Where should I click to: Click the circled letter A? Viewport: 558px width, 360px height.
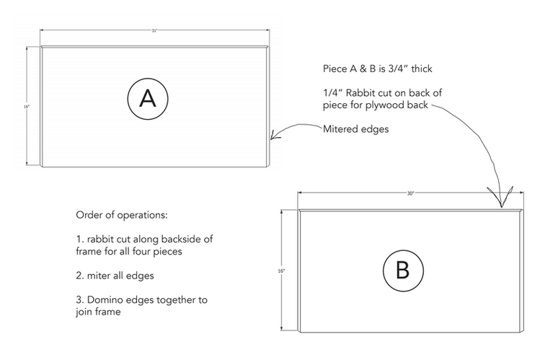tap(148, 99)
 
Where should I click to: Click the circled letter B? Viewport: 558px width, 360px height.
tap(402, 270)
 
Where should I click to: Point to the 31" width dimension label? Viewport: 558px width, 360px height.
tap(154, 31)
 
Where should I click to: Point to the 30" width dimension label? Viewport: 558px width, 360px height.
tap(409, 193)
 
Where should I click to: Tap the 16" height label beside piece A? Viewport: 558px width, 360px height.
tap(27, 107)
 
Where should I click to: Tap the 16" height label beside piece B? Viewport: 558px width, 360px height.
tap(282, 271)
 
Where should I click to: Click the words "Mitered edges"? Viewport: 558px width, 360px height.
tap(356, 129)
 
